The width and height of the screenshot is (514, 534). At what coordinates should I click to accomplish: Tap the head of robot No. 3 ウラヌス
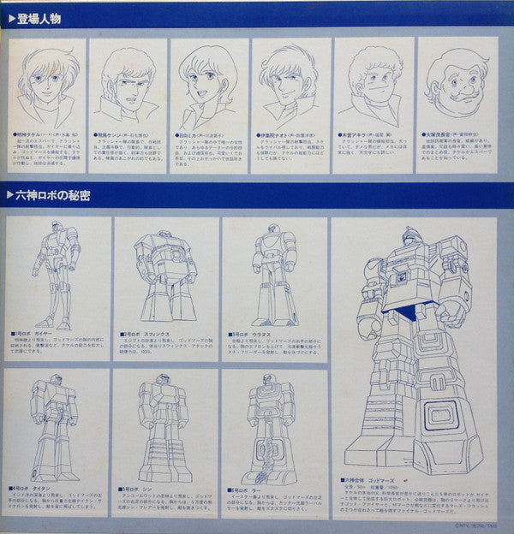point(272,233)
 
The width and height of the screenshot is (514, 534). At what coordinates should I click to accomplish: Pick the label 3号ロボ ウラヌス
point(253,333)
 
